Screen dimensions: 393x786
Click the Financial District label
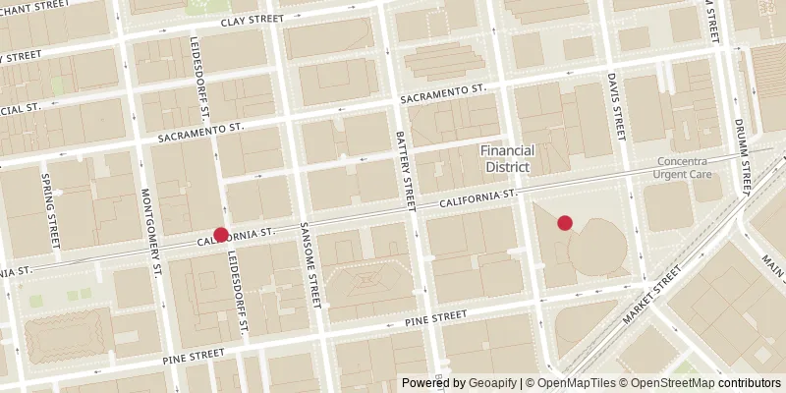click(507, 159)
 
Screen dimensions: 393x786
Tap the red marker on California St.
click(221, 236)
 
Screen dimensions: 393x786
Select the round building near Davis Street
click(599, 246)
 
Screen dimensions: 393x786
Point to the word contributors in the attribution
click(749, 383)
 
